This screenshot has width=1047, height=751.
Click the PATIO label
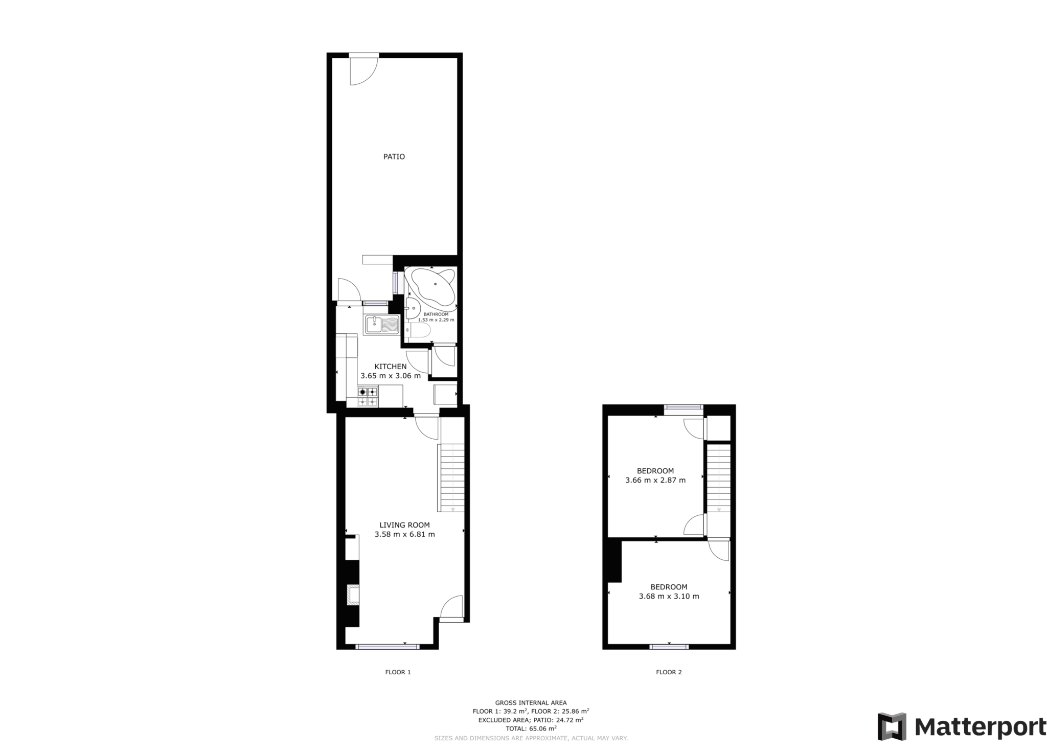point(394,157)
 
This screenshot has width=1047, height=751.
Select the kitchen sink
point(381,325)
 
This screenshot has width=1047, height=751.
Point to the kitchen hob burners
point(368,397)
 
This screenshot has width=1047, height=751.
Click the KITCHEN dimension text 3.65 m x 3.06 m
point(391,376)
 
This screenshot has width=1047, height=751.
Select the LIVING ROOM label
point(404,525)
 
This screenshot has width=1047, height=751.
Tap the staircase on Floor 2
point(719,477)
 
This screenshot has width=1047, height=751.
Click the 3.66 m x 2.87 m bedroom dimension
point(655,480)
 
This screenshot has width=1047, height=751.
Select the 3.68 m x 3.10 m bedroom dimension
point(669,596)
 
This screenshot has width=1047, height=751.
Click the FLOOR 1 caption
point(398,672)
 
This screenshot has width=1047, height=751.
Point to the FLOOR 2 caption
point(669,672)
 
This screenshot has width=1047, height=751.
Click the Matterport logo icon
point(892,726)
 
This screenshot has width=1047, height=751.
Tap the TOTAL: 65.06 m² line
point(531,729)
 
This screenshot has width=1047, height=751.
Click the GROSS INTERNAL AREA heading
point(531,703)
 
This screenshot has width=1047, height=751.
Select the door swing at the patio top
point(362,71)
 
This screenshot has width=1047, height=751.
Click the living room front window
point(387,647)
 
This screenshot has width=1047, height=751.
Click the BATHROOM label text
point(436,314)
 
